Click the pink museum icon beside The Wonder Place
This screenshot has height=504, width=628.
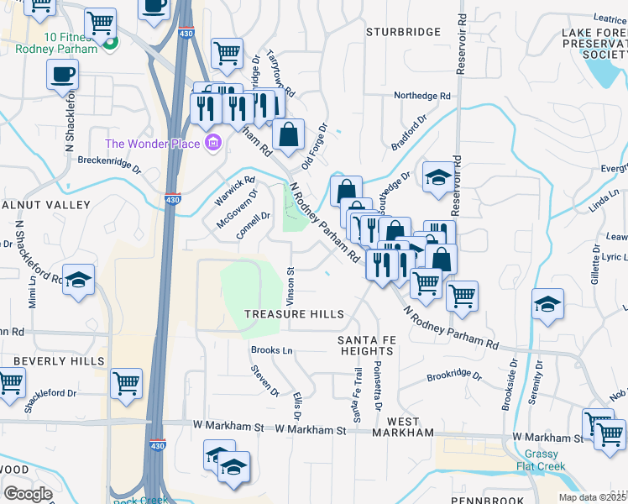point(213,144)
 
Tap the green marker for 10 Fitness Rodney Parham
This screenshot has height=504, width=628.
point(110,42)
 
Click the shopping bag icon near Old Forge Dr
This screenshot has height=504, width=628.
point(288,134)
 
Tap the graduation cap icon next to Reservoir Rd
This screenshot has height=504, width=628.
point(437,177)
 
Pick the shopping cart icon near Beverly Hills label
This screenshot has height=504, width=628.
point(126,383)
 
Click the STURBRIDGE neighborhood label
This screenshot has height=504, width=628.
point(404,32)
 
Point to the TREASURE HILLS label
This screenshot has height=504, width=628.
point(294,314)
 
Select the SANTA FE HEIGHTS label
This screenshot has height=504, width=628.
point(366,345)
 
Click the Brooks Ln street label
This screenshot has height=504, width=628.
point(271,350)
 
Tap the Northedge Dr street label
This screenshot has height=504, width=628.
point(421,96)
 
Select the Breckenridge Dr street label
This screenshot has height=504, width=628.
point(108,160)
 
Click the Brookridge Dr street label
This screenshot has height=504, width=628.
point(454,377)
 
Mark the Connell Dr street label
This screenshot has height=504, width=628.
point(253,226)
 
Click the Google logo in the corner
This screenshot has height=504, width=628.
point(29,494)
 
